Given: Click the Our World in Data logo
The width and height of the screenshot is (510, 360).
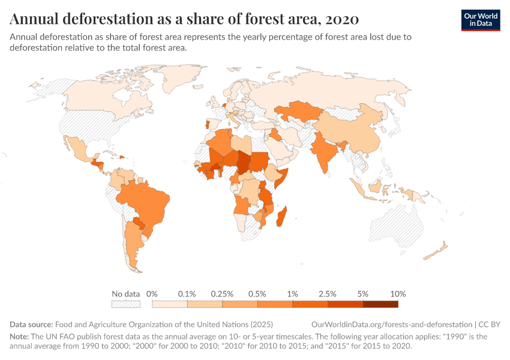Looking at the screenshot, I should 480,20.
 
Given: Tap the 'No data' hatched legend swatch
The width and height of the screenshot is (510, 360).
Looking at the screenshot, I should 125,304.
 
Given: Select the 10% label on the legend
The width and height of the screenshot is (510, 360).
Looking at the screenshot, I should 398,294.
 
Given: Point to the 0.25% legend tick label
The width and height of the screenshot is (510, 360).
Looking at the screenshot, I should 222,294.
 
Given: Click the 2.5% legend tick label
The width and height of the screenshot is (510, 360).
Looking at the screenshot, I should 328,294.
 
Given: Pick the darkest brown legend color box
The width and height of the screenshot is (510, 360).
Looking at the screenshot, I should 380,304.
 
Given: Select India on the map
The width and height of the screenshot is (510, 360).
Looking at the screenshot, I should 324,150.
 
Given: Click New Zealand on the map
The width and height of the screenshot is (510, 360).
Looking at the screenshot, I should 437,251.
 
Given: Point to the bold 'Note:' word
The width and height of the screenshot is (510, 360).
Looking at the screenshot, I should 20,337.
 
